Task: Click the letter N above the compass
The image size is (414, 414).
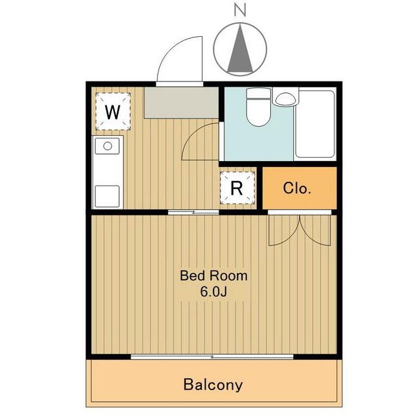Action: click(x=240, y=10)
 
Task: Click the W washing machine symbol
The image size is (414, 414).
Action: click(x=113, y=111)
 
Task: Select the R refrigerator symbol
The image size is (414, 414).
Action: click(x=237, y=188)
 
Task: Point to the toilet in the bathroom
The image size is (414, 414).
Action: click(x=259, y=107)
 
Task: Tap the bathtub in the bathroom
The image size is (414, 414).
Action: click(x=315, y=124)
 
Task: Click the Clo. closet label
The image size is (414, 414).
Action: click(x=297, y=188)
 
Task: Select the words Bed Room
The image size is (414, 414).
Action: click(x=213, y=276)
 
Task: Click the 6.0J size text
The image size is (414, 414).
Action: click(x=213, y=292)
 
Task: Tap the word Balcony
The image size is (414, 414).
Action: click(x=213, y=385)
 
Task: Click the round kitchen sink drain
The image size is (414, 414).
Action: click(x=107, y=146)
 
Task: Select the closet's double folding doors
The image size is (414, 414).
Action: click(x=300, y=230)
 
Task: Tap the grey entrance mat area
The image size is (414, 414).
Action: click(x=181, y=103)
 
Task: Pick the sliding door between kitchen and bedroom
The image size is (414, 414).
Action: click(x=193, y=212)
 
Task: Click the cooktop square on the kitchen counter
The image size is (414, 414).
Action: click(x=107, y=196)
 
